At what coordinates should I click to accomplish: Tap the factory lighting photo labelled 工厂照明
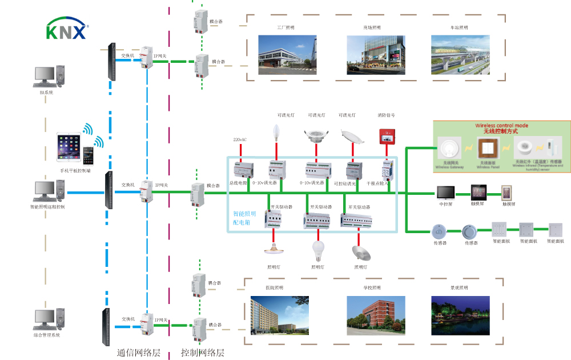tap(287, 54)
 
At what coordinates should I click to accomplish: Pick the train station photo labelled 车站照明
tap(460, 54)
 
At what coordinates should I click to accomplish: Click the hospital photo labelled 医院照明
tap(280, 315)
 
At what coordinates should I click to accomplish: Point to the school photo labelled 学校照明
tap(376, 315)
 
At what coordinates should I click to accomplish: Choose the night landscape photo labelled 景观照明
tap(460, 315)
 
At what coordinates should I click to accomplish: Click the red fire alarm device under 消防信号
tap(387, 136)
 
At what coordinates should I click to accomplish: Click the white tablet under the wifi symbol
tap(69, 148)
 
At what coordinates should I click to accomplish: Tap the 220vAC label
tap(240, 139)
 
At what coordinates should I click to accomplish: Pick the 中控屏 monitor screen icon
tap(445, 192)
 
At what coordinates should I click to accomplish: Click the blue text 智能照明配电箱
tap(244, 218)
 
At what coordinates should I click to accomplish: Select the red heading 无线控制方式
tap(501, 131)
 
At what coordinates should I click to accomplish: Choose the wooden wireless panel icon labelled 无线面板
tap(486, 149)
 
